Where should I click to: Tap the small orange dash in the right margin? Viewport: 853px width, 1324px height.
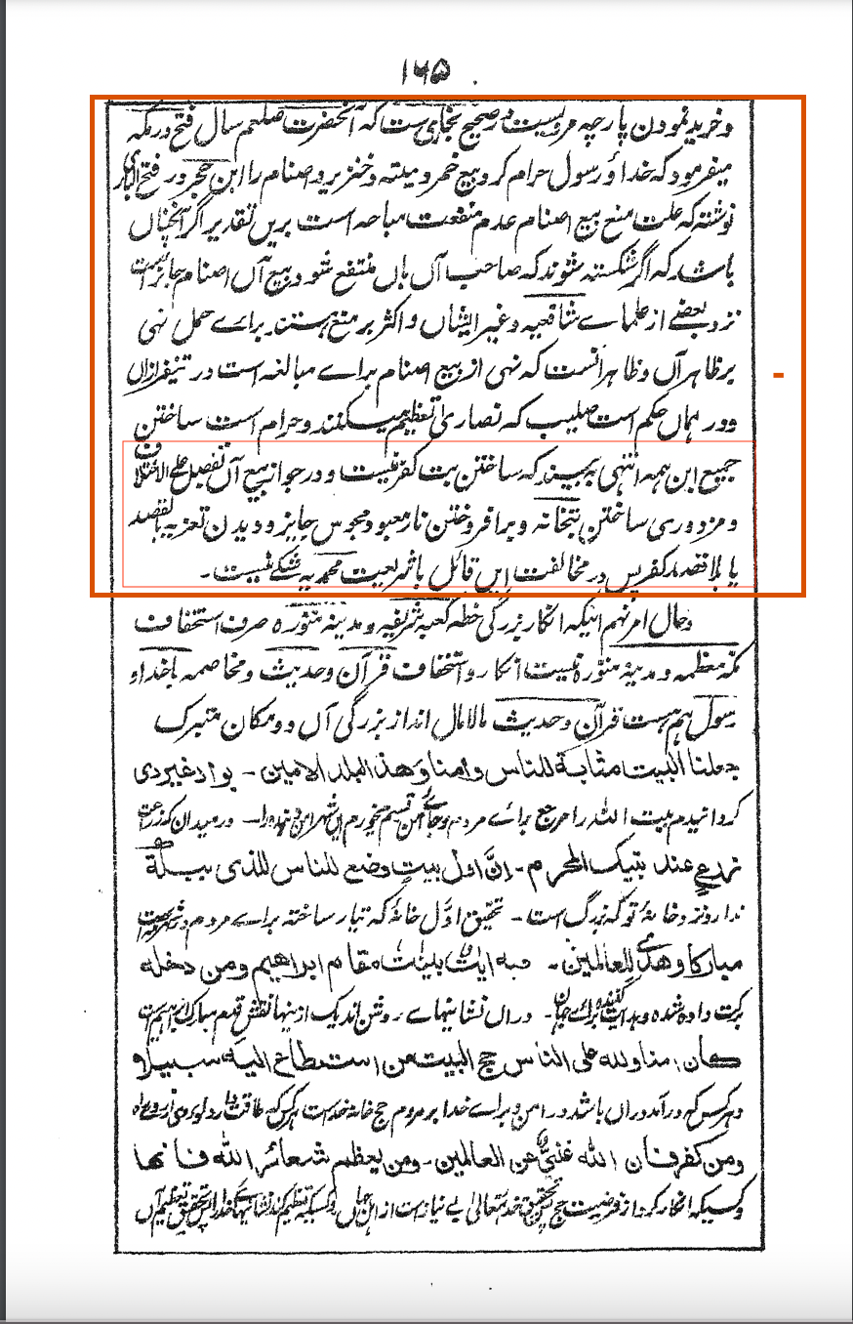779,374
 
